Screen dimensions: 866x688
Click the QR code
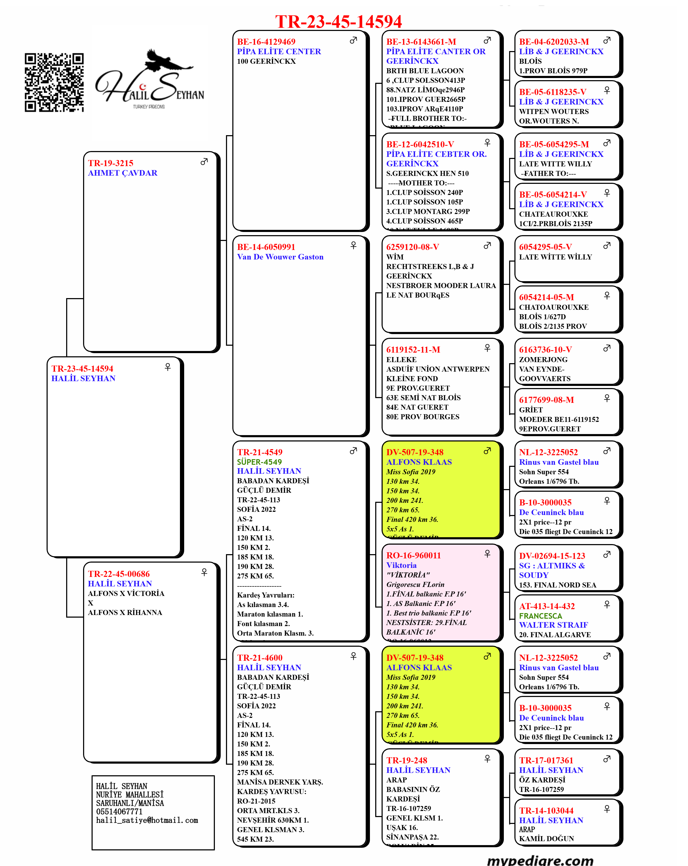point(54,82)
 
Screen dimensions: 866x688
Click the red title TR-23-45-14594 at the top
point(338,22)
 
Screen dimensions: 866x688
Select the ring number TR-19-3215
point(111,163)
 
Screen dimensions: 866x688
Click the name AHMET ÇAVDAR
point(123,173)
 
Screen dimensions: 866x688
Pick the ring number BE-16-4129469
point(266,42)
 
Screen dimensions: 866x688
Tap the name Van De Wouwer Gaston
point(280,257)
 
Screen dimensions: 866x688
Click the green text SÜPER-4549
point(259,462)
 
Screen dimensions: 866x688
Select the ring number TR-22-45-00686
point(119,574)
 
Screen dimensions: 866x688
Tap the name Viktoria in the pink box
point(401,565)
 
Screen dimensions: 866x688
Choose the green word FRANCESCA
point(541,616)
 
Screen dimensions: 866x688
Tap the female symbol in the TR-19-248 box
point(487,758)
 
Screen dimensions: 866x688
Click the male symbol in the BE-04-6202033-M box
point(607,40)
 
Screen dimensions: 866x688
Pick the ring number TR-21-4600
point(260,658)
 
